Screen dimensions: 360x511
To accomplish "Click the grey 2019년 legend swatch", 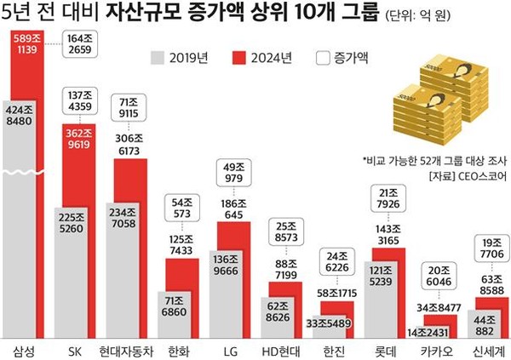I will [x=154, y=59].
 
